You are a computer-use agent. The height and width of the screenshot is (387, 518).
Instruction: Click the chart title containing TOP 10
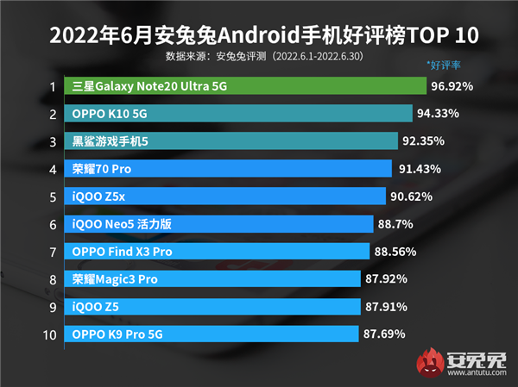pos(259,35)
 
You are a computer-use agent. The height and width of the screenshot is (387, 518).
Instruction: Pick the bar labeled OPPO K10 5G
pos(238,114)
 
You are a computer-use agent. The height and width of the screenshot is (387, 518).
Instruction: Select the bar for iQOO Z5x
pos(224,197)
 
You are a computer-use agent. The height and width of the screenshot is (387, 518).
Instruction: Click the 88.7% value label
pos(397,224)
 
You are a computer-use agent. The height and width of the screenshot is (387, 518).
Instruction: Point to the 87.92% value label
pos(388,279)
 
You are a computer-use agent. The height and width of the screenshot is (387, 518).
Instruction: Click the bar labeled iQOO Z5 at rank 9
pos(212,306)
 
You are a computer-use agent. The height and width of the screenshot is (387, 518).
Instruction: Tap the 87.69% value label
pos(384,334)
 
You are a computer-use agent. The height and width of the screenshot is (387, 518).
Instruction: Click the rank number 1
pos(52,86)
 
